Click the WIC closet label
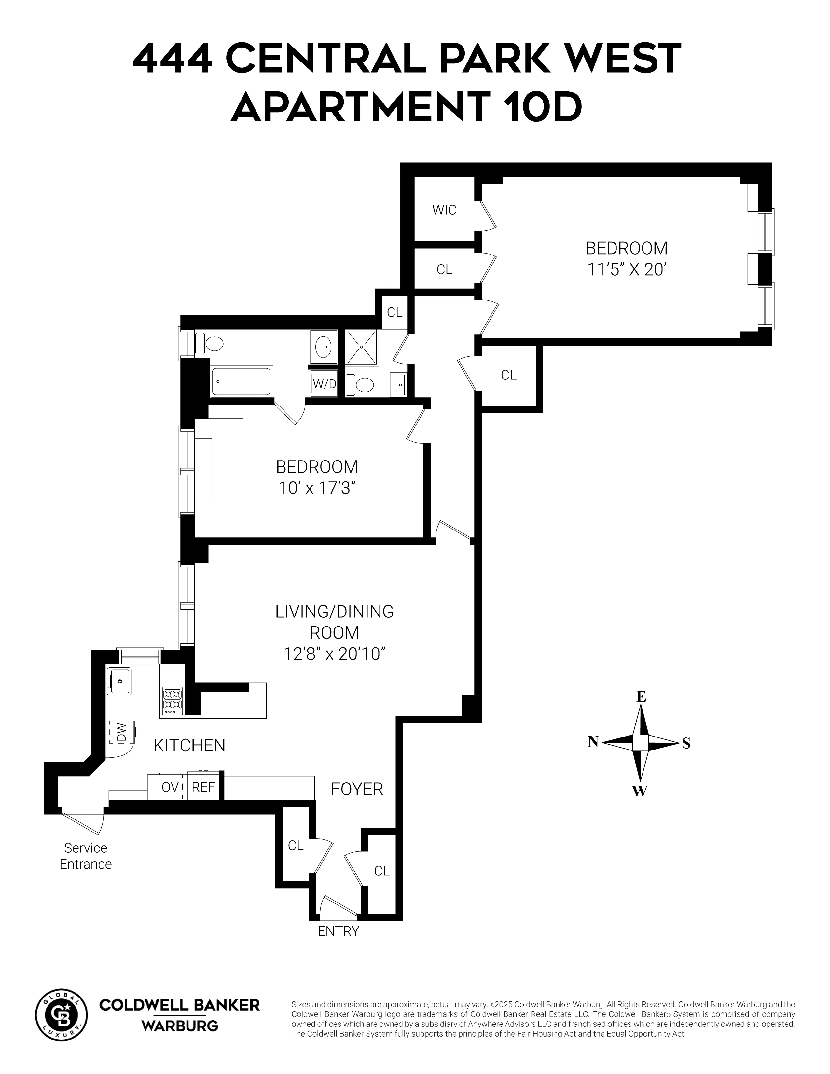pos(444,210)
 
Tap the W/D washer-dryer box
pos(324,384)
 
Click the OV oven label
pos(170,787)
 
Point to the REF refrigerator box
pos(203,787)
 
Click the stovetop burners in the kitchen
pos(173,701)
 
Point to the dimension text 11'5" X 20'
pos(627,270)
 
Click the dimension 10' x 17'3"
pos(317,488)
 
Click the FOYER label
pos(356,789)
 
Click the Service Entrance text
pos(86,856)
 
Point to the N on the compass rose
pos(593,742)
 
